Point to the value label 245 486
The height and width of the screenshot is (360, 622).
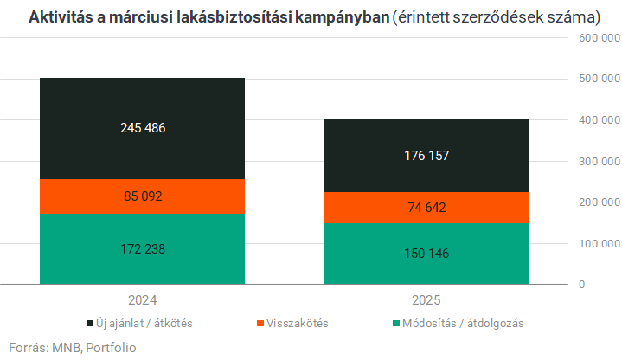143,128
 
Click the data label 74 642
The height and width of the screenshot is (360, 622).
426,208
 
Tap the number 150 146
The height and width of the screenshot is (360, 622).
426,254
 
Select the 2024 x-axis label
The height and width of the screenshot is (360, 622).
142,300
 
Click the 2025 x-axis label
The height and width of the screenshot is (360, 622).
426,300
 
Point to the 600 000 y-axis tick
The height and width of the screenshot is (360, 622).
598,39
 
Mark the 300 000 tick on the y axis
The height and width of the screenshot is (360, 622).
598,162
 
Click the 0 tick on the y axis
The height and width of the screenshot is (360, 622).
582,285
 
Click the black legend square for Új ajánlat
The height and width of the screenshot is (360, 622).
91,323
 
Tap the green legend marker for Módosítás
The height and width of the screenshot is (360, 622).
397,323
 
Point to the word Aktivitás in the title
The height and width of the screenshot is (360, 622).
61,16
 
